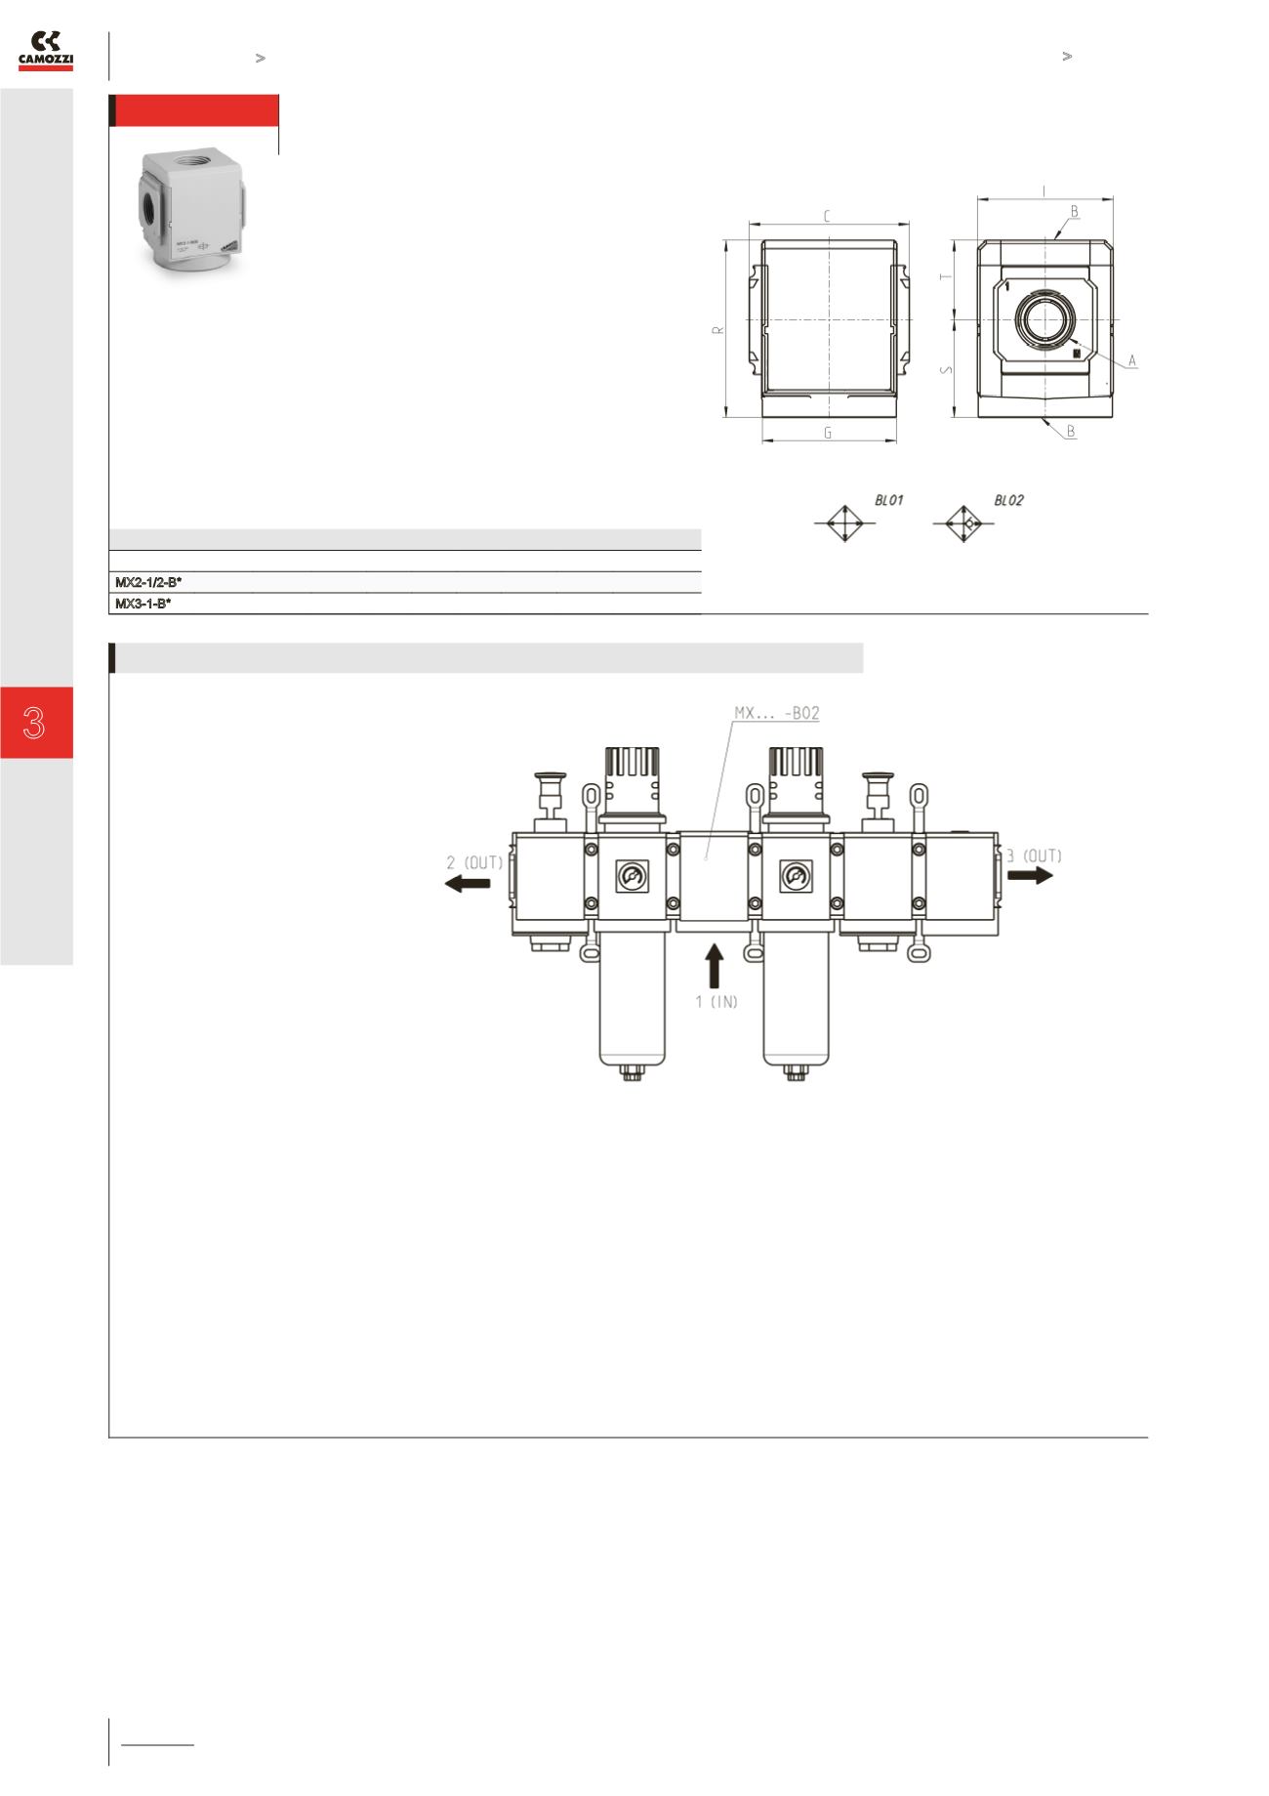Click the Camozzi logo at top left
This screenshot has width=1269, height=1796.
[46, 51]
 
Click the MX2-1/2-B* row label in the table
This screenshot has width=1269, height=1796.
[148, 582]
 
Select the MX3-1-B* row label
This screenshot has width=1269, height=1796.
[143, 604]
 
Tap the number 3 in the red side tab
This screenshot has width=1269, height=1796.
[35, 723]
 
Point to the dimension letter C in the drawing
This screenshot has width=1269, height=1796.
[827, 217]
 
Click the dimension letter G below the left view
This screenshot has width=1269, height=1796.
[828, 433]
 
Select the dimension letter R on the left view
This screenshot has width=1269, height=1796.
[717, 330]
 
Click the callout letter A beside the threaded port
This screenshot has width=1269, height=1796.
[1132, 361]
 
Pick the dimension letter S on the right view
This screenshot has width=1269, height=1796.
[945, 369]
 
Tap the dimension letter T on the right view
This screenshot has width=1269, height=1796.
[945, 277]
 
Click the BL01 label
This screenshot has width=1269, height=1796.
[888, 500]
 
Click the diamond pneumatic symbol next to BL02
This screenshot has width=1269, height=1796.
[963, 523]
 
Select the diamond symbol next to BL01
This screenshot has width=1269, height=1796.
[843, 523]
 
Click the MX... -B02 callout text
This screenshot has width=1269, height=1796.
[776, 714]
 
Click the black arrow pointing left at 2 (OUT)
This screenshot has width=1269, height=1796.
[469, 884]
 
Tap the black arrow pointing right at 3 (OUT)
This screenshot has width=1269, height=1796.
[1031, 875]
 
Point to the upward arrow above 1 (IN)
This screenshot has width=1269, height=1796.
[715, 965]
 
